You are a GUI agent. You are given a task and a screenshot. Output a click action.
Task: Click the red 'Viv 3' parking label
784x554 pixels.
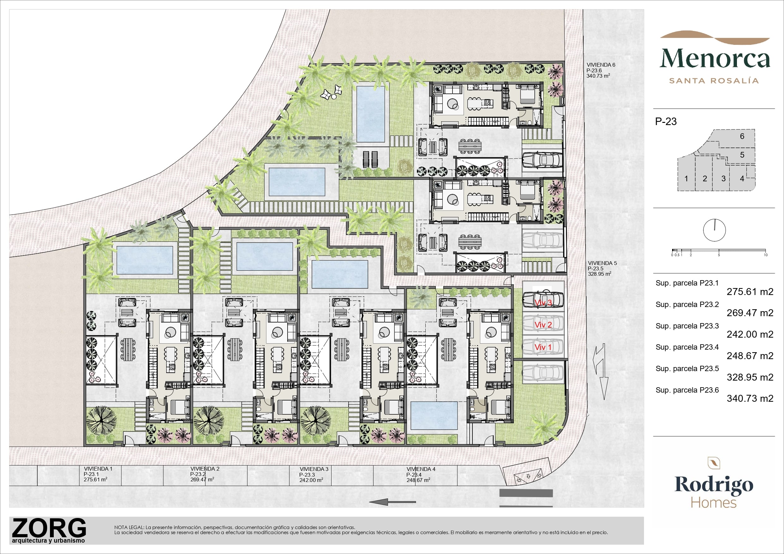[543, 303]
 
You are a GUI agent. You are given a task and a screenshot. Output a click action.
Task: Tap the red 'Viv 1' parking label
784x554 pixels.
[543, 347]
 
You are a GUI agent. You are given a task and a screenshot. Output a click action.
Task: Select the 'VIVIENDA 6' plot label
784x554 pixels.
[601, 65]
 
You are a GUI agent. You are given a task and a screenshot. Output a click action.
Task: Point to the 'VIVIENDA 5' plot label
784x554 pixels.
[602, 263]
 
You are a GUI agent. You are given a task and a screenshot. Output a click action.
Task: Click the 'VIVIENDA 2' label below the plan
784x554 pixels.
[205, 469]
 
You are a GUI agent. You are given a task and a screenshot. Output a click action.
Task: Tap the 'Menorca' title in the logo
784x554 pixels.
[715, 59]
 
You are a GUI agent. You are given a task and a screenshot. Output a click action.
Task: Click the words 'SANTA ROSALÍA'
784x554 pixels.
[714, 81]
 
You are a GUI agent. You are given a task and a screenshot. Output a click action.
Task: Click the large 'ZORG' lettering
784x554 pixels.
[49, 528]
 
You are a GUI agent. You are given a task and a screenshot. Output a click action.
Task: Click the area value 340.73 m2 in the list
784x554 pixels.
[750, 398]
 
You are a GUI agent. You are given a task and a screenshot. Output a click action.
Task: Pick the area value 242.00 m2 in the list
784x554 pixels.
[750, 334]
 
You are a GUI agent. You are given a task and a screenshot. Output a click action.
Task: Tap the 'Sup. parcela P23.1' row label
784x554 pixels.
[687, 283]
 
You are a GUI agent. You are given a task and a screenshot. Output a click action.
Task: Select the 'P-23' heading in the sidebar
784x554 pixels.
[666, 122]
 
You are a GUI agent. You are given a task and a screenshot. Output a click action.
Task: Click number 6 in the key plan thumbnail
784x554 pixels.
[742, 136]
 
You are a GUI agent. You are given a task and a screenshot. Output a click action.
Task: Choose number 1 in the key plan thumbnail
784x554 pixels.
[686, 178]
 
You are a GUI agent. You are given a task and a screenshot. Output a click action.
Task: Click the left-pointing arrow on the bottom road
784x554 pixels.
[393, 502]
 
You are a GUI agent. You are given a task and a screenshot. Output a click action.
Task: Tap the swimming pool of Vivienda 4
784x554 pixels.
[434, 415]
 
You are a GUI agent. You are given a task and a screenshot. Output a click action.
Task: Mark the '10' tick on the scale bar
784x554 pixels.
[766, 255]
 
